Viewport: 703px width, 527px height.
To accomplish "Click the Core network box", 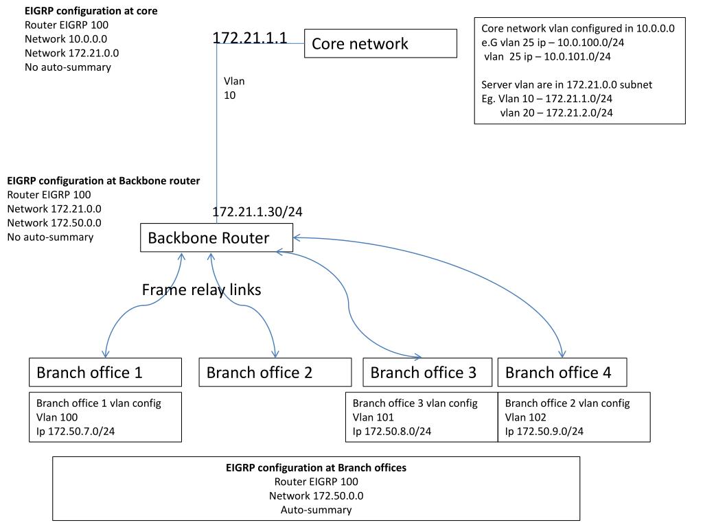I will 380,43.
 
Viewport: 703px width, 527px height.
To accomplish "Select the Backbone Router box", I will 216,238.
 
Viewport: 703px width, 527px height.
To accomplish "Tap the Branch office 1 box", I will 105,373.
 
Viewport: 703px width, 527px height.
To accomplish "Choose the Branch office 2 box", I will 275,373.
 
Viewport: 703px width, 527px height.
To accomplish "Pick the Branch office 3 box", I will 427,373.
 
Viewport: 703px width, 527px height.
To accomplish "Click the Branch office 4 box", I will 562,373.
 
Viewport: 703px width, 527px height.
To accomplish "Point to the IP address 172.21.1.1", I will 250,38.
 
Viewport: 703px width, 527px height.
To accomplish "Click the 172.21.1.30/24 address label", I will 257,212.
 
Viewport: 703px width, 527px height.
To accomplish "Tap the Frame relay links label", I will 201,290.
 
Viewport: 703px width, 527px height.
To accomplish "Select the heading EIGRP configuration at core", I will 91,12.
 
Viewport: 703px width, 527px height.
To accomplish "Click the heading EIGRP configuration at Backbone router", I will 104,181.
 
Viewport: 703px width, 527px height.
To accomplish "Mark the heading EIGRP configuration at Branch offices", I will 316,468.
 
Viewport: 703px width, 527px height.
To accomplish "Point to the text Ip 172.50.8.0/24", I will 392,431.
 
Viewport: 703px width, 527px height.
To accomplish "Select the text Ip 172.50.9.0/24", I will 544,431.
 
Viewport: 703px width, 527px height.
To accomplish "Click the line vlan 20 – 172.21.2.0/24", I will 557,113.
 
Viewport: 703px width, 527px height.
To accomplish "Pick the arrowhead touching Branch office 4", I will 562,354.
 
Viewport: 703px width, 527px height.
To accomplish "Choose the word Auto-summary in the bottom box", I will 316,510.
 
